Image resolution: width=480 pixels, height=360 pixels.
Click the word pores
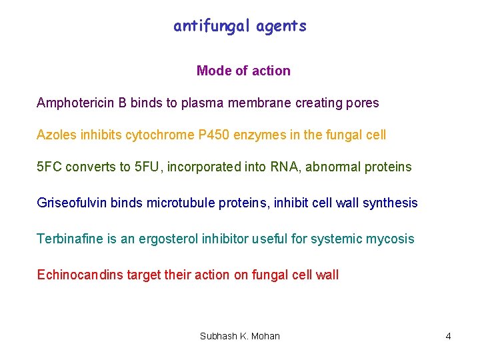pos(363,103)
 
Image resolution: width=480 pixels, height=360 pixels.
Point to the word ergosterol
pos(166,239)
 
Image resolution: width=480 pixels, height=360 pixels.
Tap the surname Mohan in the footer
pos(265,337)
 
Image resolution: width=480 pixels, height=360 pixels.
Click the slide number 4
pos(448,337)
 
